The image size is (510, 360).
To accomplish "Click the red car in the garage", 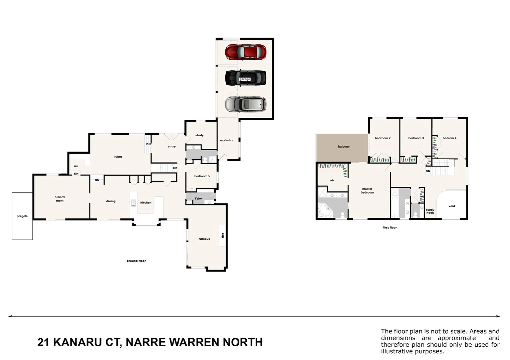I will (246, 52).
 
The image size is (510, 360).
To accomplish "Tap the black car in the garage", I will (246, 78).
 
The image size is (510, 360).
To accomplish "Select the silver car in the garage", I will (246, 104).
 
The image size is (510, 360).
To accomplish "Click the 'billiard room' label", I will (60, 199).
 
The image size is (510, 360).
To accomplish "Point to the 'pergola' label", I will (22, 216).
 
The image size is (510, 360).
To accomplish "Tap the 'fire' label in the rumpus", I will (223, 235).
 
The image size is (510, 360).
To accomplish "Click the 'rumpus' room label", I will (204, 239).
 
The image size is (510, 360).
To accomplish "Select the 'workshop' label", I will (227, 140).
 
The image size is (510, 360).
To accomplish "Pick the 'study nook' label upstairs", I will (430, 211).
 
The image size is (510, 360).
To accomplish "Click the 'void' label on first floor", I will (452, 206).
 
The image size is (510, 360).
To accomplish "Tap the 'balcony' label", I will (344, 147).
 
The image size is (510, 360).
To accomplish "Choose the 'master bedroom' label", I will (367, 191).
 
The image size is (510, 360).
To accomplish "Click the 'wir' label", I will (332, 180).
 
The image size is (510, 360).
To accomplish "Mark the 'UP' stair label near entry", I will (175, 168).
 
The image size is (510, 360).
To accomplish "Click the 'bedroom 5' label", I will (202, 176).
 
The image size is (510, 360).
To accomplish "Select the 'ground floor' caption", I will (136, 261).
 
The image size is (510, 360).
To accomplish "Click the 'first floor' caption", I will (390, 228).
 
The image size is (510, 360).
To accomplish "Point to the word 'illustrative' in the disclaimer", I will (396, 351).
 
